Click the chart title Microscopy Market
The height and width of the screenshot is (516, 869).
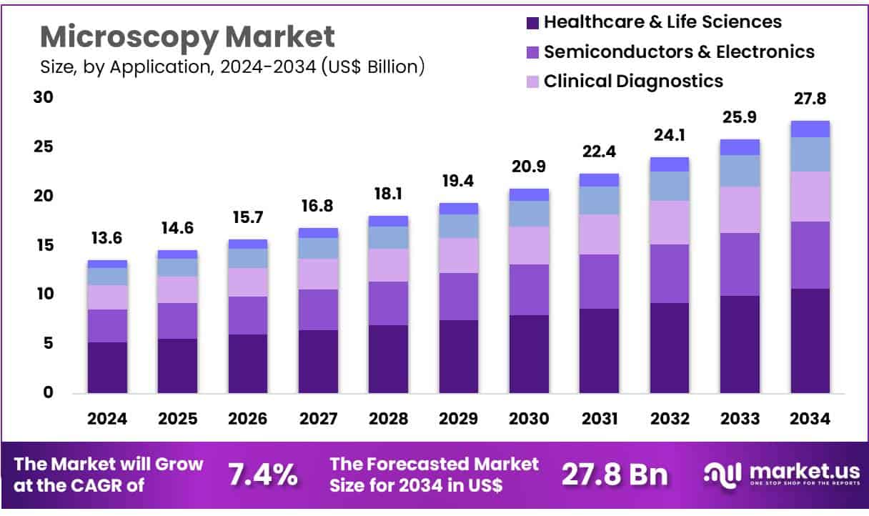187,36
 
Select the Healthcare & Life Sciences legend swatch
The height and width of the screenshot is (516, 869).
532,23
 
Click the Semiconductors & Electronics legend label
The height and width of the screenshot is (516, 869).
679,51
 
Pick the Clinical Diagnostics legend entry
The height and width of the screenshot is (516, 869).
633,81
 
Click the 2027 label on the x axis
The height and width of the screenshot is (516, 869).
317,419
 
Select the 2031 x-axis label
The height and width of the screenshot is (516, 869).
599,419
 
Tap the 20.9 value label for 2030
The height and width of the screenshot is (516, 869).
529,167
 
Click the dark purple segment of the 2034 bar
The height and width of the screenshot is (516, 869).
810,341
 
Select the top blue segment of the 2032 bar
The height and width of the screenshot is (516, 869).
670,164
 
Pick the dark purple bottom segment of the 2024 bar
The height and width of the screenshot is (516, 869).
107,367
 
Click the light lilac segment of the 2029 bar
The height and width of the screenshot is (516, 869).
459,255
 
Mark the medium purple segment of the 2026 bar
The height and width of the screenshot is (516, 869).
247,315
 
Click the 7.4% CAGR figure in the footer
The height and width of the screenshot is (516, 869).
262,475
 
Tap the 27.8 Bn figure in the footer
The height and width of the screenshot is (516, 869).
615,475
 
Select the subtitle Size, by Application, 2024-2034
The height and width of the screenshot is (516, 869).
232,68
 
